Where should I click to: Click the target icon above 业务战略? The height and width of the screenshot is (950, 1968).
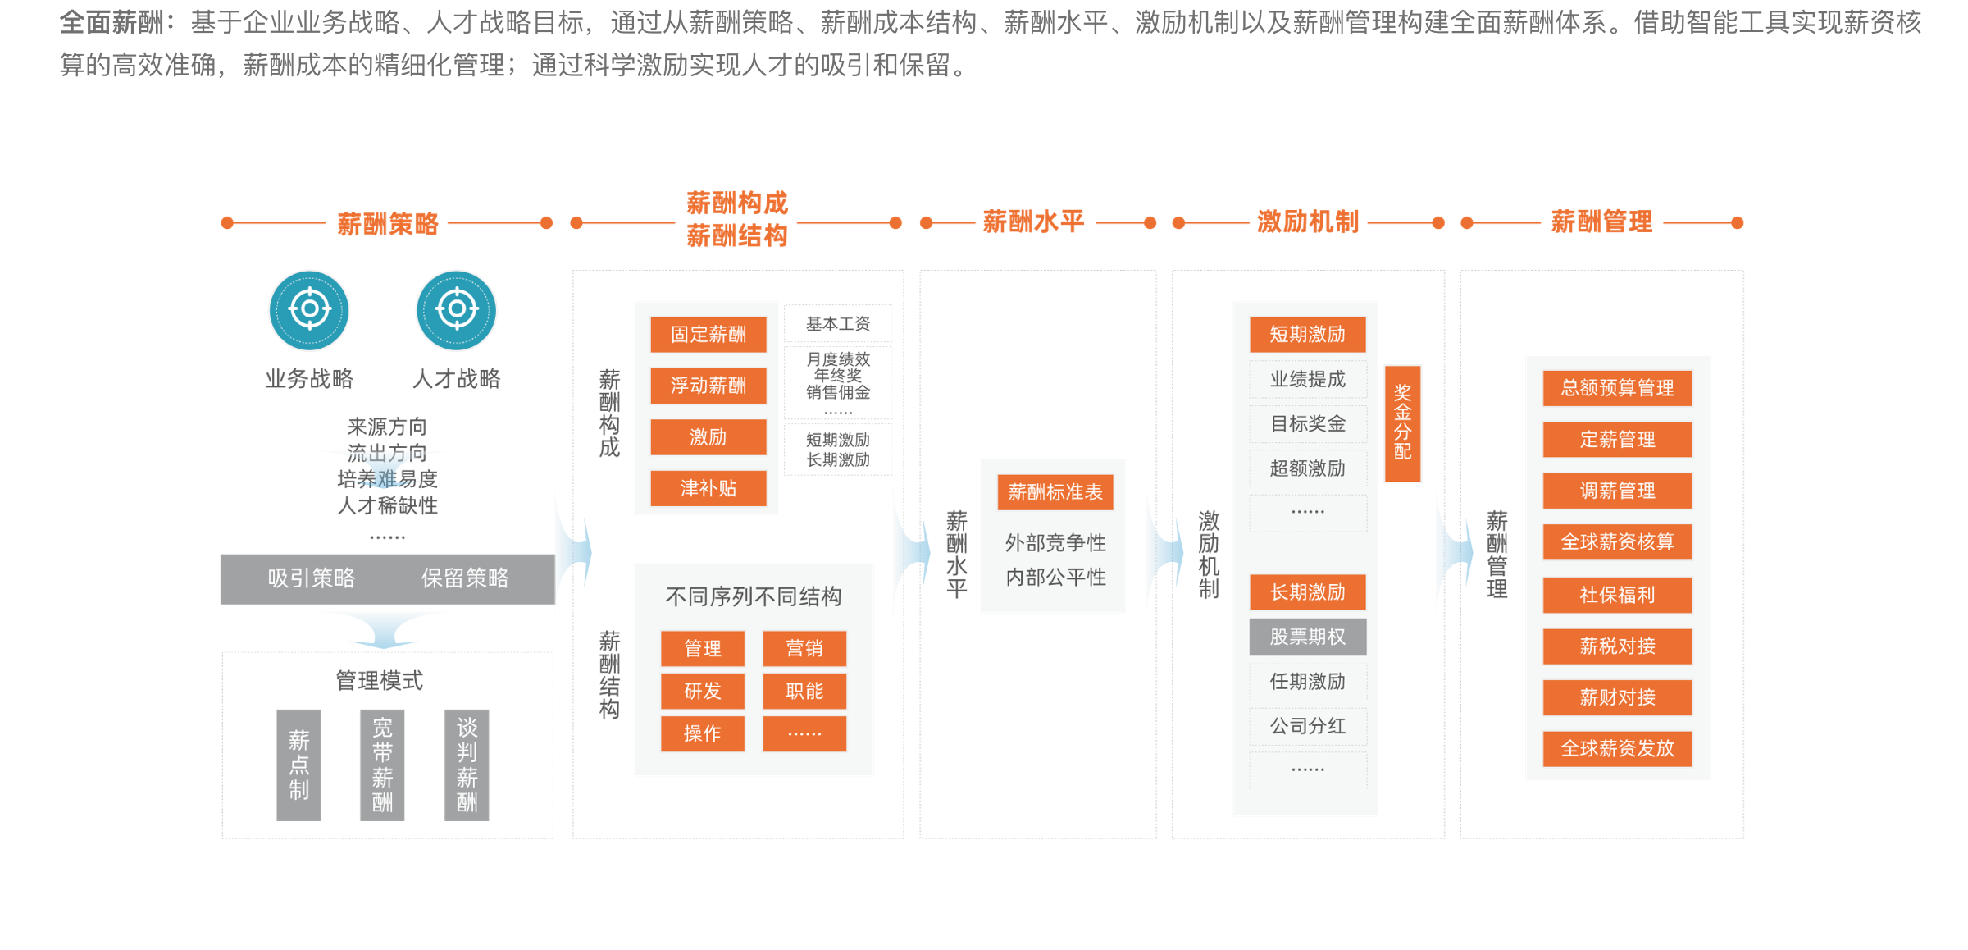309,310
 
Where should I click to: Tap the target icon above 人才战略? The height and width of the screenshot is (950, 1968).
457,310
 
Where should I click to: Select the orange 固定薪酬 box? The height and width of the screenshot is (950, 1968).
708,335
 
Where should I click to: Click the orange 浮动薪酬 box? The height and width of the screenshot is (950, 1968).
708,386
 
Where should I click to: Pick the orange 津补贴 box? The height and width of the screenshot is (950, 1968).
708,488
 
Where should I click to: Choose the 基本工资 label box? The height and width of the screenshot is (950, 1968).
838,324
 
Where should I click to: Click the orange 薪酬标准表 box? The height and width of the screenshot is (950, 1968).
1055,492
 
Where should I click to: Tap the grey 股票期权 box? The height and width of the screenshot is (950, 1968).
1308,637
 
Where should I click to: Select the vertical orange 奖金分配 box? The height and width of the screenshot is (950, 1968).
1402,422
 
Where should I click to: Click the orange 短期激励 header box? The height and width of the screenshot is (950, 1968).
1308,335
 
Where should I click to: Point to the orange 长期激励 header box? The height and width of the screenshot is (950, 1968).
1308,592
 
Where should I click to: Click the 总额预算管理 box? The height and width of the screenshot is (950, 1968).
1617,388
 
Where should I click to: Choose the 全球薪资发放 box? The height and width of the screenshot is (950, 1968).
1617,748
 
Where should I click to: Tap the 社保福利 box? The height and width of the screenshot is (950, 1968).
1617,595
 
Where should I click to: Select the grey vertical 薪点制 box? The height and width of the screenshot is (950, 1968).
298,765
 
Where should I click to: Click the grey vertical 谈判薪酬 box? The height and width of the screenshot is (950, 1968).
467,765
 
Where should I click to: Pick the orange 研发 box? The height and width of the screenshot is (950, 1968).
703,691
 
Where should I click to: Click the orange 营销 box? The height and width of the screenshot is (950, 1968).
804,648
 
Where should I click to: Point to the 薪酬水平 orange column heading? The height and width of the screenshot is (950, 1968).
1033,222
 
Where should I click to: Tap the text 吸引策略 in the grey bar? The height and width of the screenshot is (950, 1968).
312,578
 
